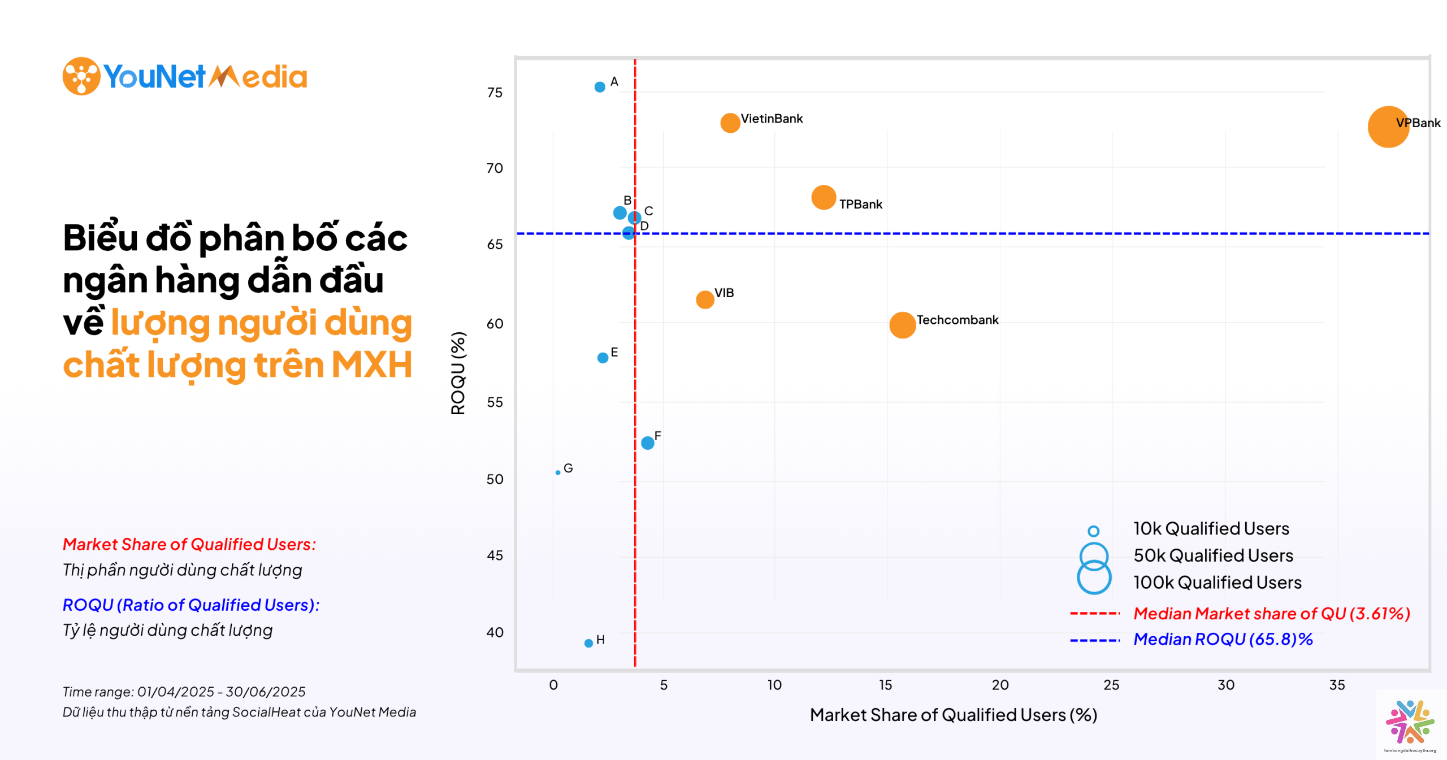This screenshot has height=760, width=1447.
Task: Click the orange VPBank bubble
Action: pos(1388,127)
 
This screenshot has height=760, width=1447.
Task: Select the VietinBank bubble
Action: pos(730,123)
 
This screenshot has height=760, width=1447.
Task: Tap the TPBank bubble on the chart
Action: pos(823,197)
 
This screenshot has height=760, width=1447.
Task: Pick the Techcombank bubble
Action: pos(902,325)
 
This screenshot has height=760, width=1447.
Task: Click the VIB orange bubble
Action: pos(705,299)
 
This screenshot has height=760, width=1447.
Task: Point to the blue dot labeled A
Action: pos(600,87)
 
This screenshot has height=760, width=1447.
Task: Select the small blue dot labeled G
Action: pos(558,472)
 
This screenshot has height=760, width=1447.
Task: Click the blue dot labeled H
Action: pos(588,643)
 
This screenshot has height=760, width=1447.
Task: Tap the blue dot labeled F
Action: pos(648,443)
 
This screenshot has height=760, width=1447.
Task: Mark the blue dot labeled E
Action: pos(603,358)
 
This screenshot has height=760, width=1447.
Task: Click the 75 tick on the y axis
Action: pos(495,93)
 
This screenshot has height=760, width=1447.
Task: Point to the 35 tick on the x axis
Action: pos(1337,685)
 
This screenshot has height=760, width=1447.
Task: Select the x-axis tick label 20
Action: pos(1000,685)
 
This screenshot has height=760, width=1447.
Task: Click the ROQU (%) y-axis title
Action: pos(458,373)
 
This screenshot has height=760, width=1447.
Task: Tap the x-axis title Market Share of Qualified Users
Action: pos(953,715)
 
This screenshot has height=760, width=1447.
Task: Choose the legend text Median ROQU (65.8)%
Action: pos(1223,639)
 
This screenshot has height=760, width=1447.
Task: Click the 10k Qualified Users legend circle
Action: pos(1094,531)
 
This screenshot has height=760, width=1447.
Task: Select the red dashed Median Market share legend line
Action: pos(1094,613)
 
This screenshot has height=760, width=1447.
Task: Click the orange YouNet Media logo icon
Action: pos(81,76)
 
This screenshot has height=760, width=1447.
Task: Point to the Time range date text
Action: pos(184,692)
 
